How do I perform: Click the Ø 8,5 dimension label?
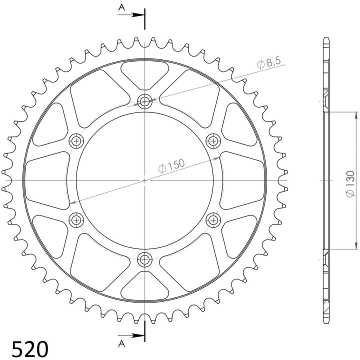269,62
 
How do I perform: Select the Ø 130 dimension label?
350,184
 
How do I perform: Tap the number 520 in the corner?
30,349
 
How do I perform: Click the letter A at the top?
121,7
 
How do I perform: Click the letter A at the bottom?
121,343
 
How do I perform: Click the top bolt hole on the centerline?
144,101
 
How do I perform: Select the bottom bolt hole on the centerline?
144,260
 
